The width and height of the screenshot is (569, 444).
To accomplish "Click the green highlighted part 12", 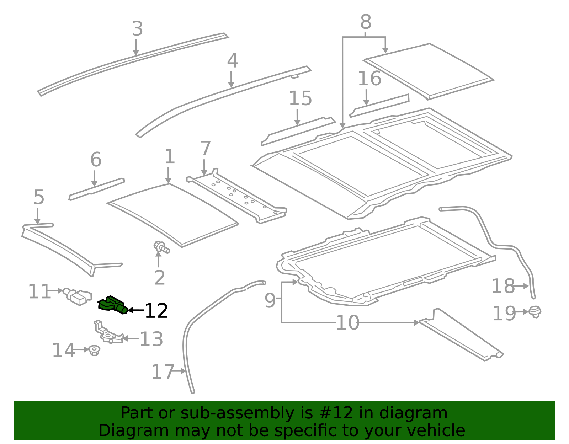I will pos(112,305).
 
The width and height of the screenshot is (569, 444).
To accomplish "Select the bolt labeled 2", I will pos(161,247).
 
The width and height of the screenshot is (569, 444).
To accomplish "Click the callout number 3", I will pos(137,29).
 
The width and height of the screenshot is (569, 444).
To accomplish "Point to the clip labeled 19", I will pos(535,312).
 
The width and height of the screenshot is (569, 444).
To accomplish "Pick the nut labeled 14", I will pos(94,350).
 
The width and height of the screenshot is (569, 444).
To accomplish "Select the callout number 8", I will pos(366,22).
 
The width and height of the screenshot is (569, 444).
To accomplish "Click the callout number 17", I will pos(162,372).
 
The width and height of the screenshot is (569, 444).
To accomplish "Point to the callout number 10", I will pos(347,323).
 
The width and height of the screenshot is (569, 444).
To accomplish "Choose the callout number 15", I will pos(300,98).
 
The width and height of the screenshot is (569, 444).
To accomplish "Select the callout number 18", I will pos(503,286).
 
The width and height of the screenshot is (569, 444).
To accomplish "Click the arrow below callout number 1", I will pos(168,175).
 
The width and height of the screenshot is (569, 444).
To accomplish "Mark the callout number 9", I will pos(270,301).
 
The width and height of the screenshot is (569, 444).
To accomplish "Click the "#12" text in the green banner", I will pos(336,413).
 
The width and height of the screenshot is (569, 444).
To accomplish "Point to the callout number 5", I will pos(39,197).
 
